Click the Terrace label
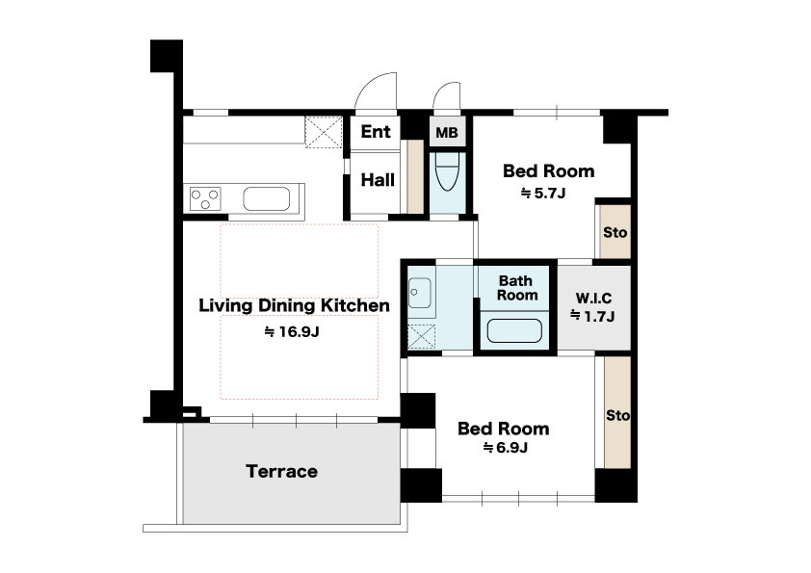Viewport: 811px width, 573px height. click(281, 471)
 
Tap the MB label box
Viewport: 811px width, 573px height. click(447, 132)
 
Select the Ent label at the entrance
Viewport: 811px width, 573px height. click(376, 131)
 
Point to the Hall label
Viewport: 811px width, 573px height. click(378, 180)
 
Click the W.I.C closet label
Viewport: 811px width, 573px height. click(593, 299)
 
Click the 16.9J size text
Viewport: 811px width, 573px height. click(292, 331)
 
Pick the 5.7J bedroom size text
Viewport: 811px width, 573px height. click(543, 194)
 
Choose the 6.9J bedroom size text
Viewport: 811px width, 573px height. click(506, 448)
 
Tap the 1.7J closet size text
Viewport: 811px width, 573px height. click(592, 316)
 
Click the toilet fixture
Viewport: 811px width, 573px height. click(447, 171)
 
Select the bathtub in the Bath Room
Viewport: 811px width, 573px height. click(514, 331)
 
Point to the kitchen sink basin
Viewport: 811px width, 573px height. click(267, 198)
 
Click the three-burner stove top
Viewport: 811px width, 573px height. click(205, 198)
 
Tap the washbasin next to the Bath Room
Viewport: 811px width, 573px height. click(419, 293)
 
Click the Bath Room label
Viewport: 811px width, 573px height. click(516, 288)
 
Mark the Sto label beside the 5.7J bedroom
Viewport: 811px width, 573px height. click(615, 232)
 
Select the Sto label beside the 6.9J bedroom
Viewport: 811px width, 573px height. click(617, 415)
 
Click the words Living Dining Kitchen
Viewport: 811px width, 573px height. click(295, 305)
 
